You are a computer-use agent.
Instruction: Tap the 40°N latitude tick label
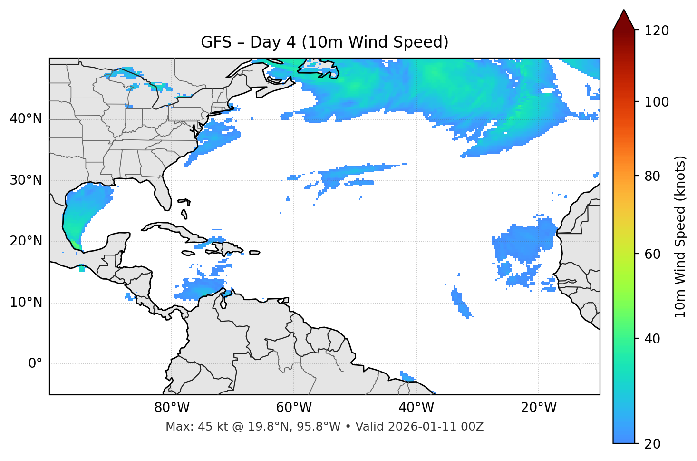pyautogui.click(x=26, y=118)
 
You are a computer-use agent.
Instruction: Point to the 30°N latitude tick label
pyautogui.click(x=26, y=180)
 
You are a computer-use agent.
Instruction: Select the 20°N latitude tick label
pyautogui.click(x=26, y=241)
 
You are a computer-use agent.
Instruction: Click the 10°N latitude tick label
pyautogui.click(x=26, y=303)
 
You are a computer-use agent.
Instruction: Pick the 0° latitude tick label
pyautogui.click(x=35, y=364)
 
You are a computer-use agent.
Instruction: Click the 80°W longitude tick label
pyautogui.click(x=172, y=408)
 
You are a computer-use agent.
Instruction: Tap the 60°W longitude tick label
pyautogui.click(x=294, y=408)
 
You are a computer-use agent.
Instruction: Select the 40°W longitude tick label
pyautogui.click(x=416, y=408)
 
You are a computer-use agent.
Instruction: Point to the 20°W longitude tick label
pyautogui.click(x=539, y=408)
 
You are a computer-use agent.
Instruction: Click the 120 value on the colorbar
pyautogui.click(x=657, y=31)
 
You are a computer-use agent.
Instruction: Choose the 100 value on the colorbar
pyautogui.click(x=657, y=102)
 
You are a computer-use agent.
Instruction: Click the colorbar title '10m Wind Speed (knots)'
pyautogui.click(x=680, y=236)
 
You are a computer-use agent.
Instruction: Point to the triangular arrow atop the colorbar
pyautogui.click(x=624, y=20)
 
